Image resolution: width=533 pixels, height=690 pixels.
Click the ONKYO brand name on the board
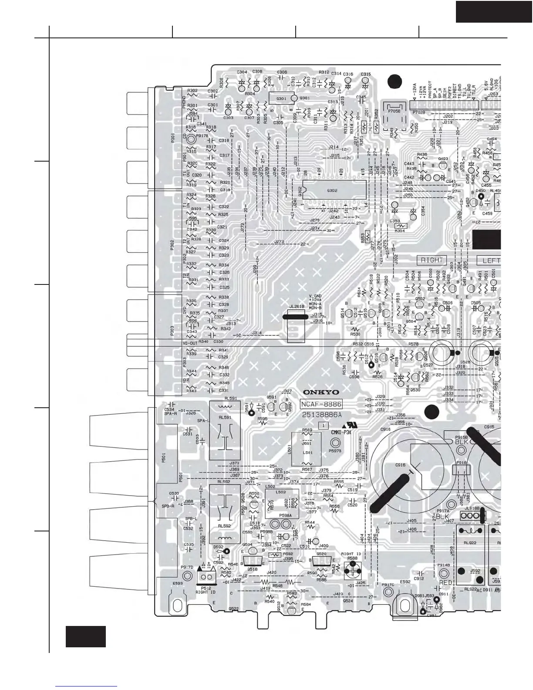321,392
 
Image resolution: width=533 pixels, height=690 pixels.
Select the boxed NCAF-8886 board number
321,404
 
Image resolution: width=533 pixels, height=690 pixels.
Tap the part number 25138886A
321,415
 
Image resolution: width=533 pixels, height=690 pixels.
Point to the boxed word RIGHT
432,260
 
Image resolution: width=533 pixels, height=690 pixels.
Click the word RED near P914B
445,582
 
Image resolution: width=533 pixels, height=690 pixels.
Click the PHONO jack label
184,101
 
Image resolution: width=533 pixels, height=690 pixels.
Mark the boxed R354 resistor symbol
400,226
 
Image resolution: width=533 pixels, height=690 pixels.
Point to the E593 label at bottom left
178,583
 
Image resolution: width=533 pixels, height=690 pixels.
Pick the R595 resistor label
262,419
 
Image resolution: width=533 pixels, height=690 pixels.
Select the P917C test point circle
388,591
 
